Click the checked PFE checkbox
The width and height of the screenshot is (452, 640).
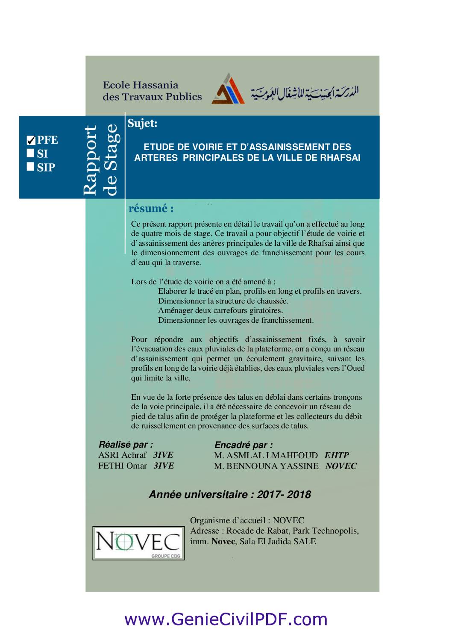(x=31, y=140)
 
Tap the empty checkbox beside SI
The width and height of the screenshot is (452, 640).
(x=30, y=153)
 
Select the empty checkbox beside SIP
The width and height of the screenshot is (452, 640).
(x=30, y=167)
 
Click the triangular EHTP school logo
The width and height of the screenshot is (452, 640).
(x=228, y=90)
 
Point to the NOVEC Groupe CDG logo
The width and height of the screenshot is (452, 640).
(x=138, y=543)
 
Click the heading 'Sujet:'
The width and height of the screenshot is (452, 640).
(x=142, y=124)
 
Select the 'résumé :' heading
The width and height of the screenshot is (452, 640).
(x=151, y=209)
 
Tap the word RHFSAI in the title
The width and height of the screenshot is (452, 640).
(x=340, y=158)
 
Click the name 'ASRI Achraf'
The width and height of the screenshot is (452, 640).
(x=122, y=455)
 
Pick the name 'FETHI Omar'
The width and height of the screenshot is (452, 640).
(x=122, y=466)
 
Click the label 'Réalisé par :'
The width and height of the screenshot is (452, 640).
(x=126, y=444)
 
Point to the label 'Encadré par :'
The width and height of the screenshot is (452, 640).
(x=243, y=445)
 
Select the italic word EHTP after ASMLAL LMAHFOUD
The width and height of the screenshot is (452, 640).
(x=337, y=455)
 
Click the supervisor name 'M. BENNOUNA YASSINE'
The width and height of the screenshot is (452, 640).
(x=266, y=466)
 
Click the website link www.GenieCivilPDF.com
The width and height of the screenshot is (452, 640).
(x=226, y=619)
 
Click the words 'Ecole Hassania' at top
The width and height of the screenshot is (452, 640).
(x=140, y=85)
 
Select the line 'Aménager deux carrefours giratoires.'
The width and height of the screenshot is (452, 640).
(x=220, y=310)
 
